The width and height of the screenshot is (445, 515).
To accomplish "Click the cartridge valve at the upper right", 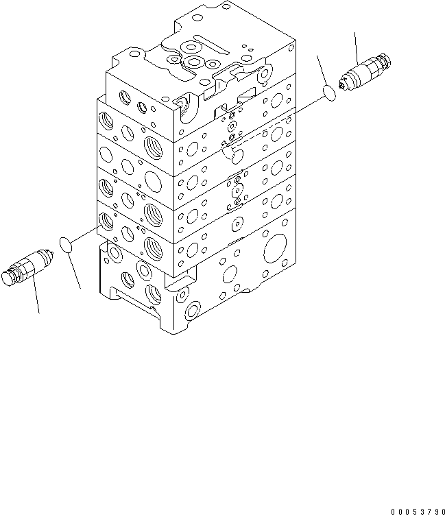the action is pyautogui.click(x=365, y=72).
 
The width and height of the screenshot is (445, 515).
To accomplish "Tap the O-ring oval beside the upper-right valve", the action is pyautogui.click(x=329, y=93).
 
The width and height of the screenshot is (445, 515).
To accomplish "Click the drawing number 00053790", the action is pyautogui.click(x=418, y=512).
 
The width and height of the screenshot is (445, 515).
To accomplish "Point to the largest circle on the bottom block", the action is pyautogui.click(x=275, y=248).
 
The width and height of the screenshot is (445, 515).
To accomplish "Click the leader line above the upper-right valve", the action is pyautogui.click(x=356, y=48).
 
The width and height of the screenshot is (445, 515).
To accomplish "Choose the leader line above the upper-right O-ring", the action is pyautogui.click(x=322, y=71).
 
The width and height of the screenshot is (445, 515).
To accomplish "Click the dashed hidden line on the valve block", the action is pyautogui.click(x=250, y=140).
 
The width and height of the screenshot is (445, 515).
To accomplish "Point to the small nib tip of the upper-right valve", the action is pyautogui.click(x=341, y=86).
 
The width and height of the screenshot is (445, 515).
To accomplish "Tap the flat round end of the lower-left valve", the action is pyautogui.click(x=7, y=278).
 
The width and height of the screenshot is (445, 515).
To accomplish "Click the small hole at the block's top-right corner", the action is pyautogui.click(x=291, y=47).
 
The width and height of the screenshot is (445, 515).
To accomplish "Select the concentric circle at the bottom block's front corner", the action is pyautogui.click(x=193, y=311).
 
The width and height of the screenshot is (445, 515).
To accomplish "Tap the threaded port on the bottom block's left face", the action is pyautogui.click(x=154, y=294).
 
